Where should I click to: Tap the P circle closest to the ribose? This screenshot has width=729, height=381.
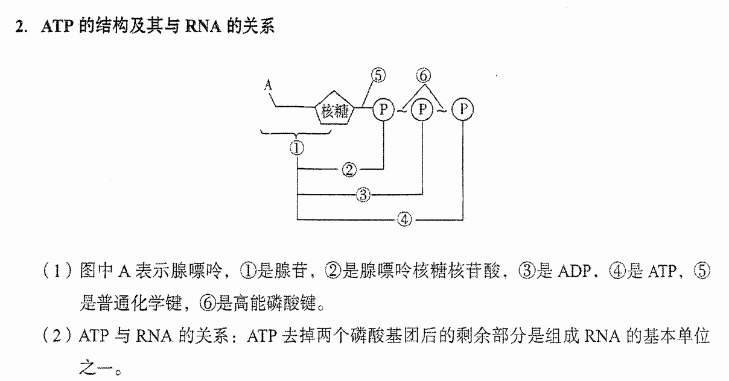pos(383,109)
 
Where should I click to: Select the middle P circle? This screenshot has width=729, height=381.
pos(422,109)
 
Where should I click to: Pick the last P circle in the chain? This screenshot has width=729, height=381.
pos(462,109)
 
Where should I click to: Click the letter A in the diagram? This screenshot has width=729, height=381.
pos(268,85)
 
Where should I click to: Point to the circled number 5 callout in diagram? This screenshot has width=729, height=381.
pos(378,75)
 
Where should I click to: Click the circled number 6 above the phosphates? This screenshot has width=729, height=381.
pos(424,75)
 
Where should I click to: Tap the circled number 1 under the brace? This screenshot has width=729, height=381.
pos(297,148)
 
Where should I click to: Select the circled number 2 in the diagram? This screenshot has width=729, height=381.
pos(349,169)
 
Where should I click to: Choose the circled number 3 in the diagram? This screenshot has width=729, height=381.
pos(363,195)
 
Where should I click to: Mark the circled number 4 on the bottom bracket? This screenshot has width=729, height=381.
pos(404,219)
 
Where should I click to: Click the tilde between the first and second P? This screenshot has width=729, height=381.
pos(403,111)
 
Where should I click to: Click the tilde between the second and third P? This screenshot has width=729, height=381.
pos(442,111)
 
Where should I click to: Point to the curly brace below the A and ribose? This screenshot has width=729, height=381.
pos(296,134)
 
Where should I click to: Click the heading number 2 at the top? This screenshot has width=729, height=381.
pos(19,27)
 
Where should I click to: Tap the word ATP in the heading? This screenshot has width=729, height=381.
pos(57,26)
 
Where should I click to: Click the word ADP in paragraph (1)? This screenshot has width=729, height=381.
pos(574,271)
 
